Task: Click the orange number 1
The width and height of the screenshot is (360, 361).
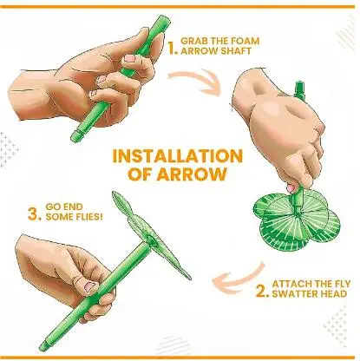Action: pos(173,49)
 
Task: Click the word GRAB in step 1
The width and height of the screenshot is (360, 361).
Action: pos(196,39)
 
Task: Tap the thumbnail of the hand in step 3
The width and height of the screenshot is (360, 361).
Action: pos(86,284)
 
